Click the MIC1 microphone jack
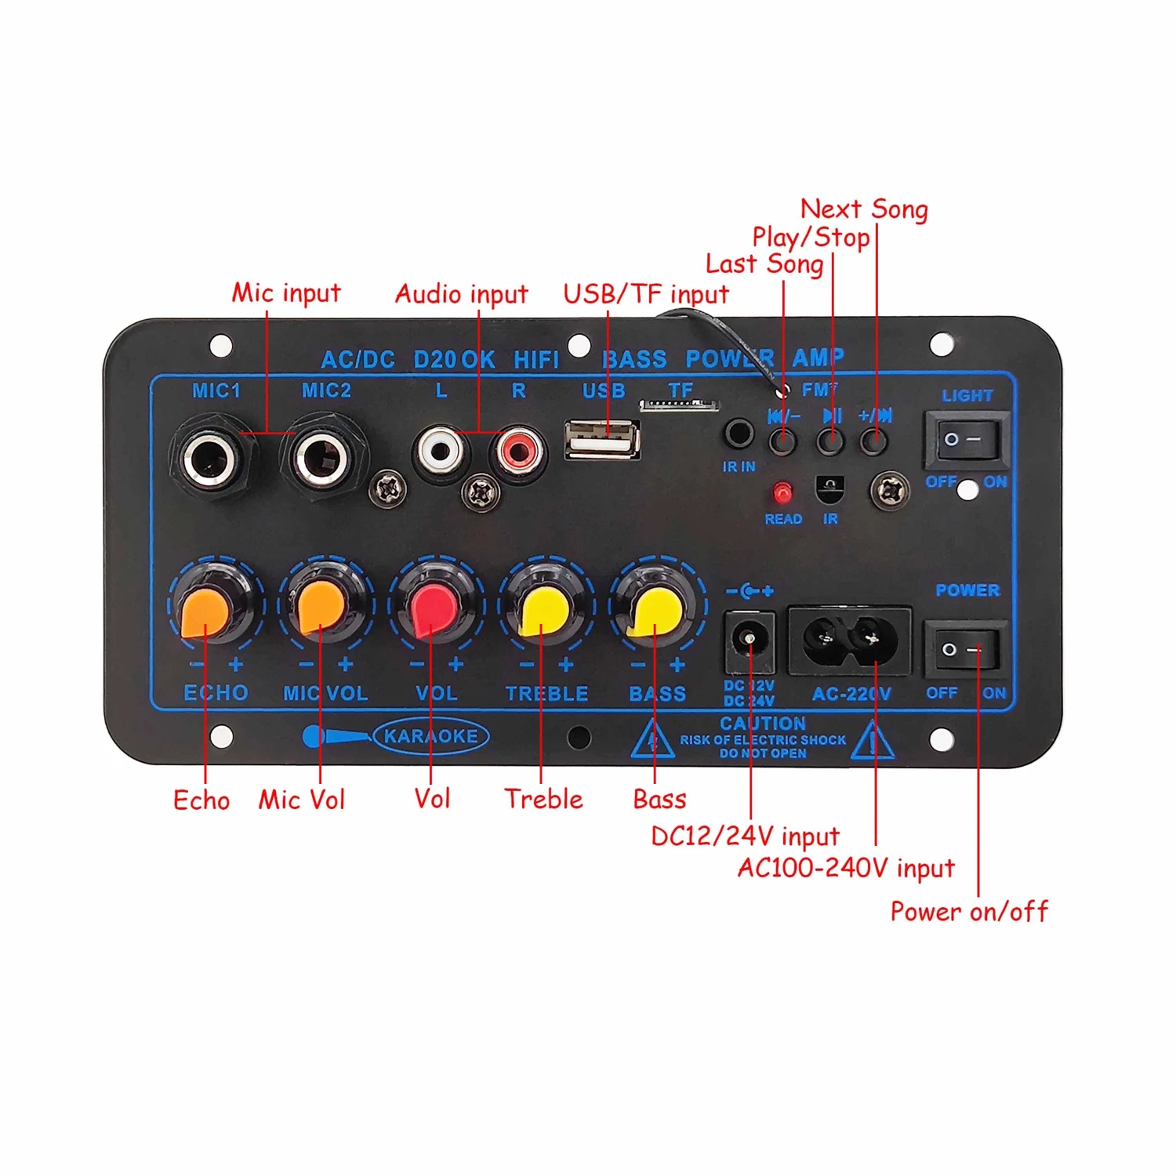[209, 457]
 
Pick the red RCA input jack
[517, 451]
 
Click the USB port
[602, 439]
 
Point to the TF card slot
[679, 405]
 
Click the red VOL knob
[434, 610]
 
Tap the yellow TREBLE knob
[545, 610]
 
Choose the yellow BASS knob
[656, 610]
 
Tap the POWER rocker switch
[964, 649]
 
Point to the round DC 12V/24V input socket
[749, 642]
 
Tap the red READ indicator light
[782, 493]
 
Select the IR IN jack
[738, 434]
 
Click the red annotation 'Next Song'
[863, 209]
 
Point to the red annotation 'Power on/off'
[969, 912]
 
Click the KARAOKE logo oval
[430, 736]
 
